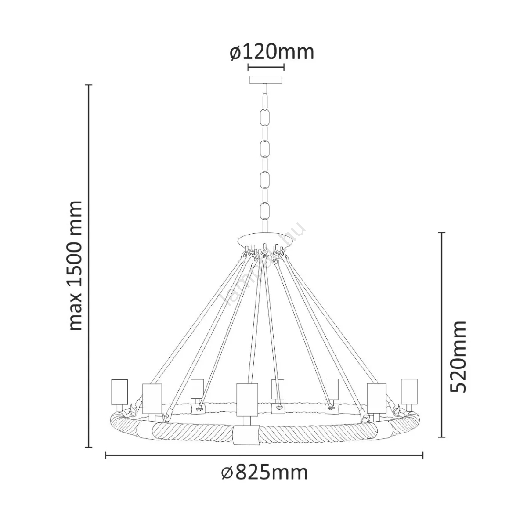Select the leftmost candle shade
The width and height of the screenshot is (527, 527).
click(x=119, y=392)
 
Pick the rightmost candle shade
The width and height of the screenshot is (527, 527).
click(x=409, y=391)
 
